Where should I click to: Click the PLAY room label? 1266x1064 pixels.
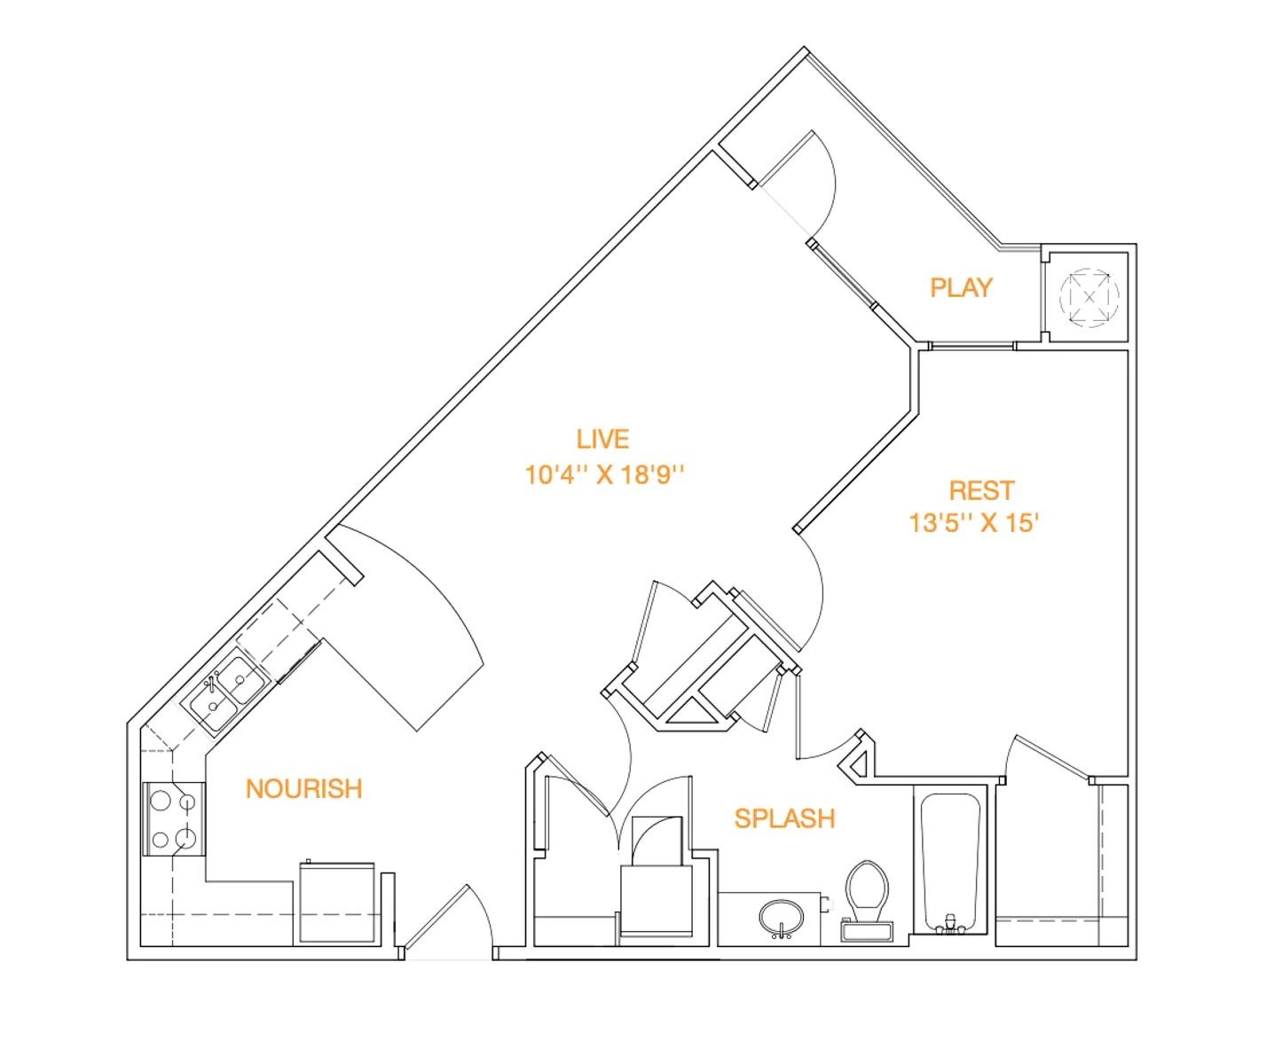[961, 287]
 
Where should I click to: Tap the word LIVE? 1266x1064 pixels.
[602, 439]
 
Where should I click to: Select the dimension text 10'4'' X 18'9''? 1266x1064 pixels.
[606, 475]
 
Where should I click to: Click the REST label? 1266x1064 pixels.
[980, 490]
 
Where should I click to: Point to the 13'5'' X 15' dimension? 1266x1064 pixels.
[973, 523]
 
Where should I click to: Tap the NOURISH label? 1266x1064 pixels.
[303, 788]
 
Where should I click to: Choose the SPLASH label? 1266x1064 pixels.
[784, 818]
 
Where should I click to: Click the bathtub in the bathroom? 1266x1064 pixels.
[949, 860]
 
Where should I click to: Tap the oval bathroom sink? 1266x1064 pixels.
[782, 916]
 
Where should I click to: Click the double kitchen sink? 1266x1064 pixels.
[225, 692]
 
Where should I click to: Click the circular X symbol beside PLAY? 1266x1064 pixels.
[1089, 295]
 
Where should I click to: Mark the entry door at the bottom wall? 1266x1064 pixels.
[448, 922]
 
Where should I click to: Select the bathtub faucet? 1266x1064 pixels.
[949, 925]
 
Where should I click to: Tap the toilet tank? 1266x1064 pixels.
[867, 932]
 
